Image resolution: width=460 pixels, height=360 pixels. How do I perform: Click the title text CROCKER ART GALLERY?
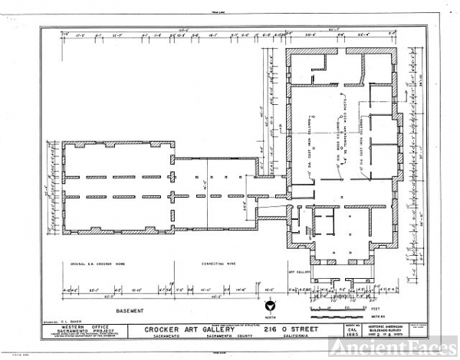point(182,329)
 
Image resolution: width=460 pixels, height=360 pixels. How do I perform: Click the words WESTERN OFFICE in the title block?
point(79,327)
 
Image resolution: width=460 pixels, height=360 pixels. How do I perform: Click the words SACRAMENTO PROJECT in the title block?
point(79,332)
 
